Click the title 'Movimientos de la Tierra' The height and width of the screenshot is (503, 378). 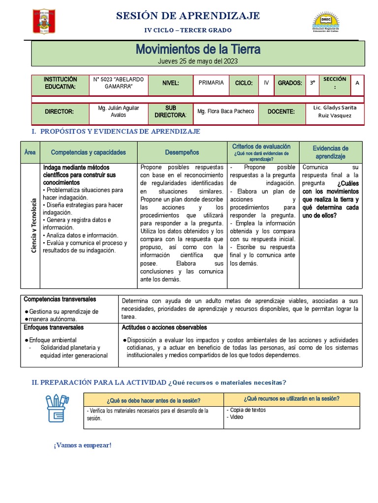click(198, 49)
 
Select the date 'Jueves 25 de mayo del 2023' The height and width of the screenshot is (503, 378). click(198, 61)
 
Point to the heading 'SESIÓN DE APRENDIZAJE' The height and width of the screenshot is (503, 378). click(188, 16)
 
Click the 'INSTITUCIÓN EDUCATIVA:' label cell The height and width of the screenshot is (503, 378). click(60, 83)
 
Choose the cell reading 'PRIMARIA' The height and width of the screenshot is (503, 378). click(211, 83)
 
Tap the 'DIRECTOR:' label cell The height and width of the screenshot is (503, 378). click(59, 112)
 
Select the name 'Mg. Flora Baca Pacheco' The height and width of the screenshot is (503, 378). click(226, 112)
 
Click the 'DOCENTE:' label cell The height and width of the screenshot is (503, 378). click(281, 112)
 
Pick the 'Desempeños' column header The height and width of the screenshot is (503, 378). click(182, 152)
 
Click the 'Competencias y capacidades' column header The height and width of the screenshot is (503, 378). click(89, 152)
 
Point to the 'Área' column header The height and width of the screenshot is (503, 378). click(30, 152)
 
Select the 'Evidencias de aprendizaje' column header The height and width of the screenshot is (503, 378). click(331, 152)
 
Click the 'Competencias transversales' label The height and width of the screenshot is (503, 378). click(60, 299)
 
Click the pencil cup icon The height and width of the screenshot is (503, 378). click(57, 408)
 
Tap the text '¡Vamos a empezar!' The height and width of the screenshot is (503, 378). click(83, 445)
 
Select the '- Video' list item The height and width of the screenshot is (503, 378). click(235, 417)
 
